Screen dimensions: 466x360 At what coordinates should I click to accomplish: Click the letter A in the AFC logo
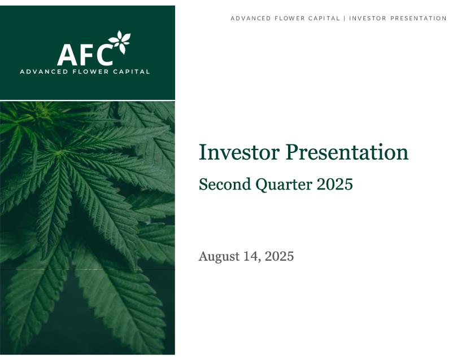pos(67,55)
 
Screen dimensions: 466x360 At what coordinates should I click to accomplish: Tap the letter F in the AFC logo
pos(85,55)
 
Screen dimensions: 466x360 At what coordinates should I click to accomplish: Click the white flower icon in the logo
pos(120,42)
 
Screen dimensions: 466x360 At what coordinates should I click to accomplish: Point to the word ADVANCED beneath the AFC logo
pos(44,72)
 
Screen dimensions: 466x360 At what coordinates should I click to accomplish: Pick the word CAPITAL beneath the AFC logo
pos(132,72)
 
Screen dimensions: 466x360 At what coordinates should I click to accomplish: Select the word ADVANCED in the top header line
pos(251,19)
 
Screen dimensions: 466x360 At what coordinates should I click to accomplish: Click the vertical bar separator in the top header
pos(345,19)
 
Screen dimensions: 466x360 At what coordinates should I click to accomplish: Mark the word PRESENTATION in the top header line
pos(419,19)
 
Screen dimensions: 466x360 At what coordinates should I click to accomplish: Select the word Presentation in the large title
pos(347,152)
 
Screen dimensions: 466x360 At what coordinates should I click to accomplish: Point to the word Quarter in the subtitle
pos(284,185)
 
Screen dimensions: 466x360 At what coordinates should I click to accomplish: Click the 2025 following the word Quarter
pos(335,185)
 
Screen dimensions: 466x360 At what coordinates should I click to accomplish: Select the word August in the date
pos(219,257)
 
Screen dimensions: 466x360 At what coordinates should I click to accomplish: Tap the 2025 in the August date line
pos(280,256)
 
